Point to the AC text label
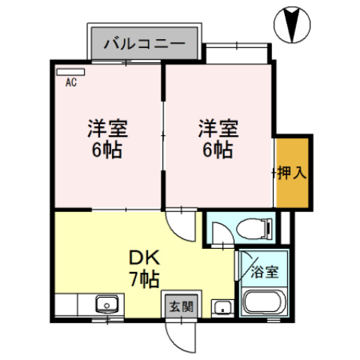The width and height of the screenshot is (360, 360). pos(71,83)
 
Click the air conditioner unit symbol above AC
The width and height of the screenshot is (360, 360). pos(70,73)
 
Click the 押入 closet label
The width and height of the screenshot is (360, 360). pos(291,173)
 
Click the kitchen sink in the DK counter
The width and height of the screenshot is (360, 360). pos(105,306)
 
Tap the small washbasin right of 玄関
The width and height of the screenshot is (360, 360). pos(221,307)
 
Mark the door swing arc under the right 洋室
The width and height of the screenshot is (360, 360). pos(180,222)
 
